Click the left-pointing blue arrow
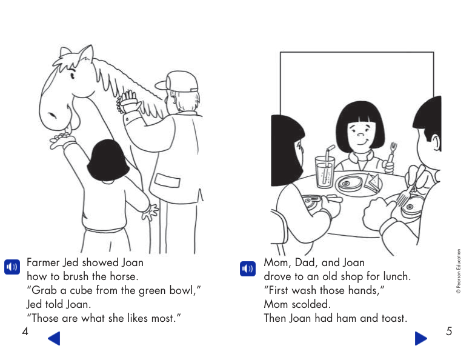point(54,338)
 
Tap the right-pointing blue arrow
point(421,338)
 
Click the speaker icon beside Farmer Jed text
point(12,267)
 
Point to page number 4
point(25,332)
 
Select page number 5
point(449,331)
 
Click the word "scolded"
point(311,304)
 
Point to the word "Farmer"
point(44,262)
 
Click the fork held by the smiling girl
point(393,150)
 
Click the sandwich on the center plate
point(371,180)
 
